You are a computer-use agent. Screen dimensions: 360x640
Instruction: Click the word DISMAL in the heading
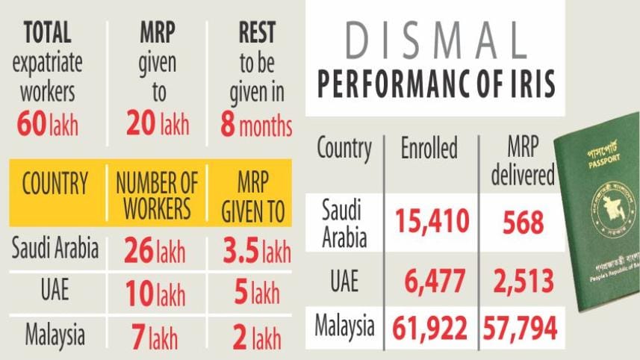click(x=435, y=44)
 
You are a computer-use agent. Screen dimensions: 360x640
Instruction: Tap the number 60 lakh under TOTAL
click(x=49, y=124)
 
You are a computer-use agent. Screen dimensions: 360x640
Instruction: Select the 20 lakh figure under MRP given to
click(x=158, y=124)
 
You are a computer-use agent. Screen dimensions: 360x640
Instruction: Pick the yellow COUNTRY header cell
click(x=55, y=184)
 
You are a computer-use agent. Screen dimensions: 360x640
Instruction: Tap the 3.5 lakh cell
click(x=256, y=252)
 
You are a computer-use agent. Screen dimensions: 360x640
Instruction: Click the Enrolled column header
click(x=429, y=149)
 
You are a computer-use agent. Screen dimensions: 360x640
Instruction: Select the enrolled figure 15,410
click(x=432, y=221)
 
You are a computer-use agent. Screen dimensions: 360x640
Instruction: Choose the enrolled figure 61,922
click(x=429, y=326)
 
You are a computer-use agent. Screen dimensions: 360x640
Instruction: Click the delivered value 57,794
click(x=520, y=326)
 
